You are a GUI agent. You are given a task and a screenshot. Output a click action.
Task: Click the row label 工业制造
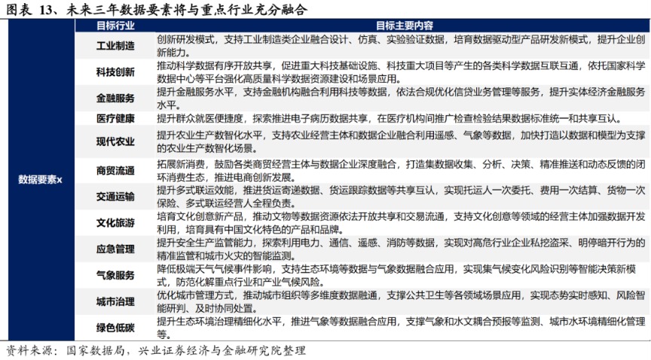pos(115,46)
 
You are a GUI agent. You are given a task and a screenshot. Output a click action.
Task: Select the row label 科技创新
pos(115,72)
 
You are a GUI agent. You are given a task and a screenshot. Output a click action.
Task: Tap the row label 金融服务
pos(115,99)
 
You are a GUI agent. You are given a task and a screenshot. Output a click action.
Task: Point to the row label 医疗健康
pos(115,118)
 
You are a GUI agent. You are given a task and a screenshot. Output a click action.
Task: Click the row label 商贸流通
pos(115,170)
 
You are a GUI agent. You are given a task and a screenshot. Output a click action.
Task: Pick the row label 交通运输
pos(115,197)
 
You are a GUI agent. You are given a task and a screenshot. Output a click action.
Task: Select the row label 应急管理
pos(115,249)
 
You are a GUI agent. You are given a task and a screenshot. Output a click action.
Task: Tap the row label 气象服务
pos(115,276)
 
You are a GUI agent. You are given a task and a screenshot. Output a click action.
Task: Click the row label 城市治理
pos(115,301)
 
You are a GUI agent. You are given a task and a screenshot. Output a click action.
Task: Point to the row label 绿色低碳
pos(115,328)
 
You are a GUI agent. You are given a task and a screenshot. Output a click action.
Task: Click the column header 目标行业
pos(115,26)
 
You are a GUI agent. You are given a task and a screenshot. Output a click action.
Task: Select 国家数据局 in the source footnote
pos(94,351)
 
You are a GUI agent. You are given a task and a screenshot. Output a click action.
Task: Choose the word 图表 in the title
pos(17,8)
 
